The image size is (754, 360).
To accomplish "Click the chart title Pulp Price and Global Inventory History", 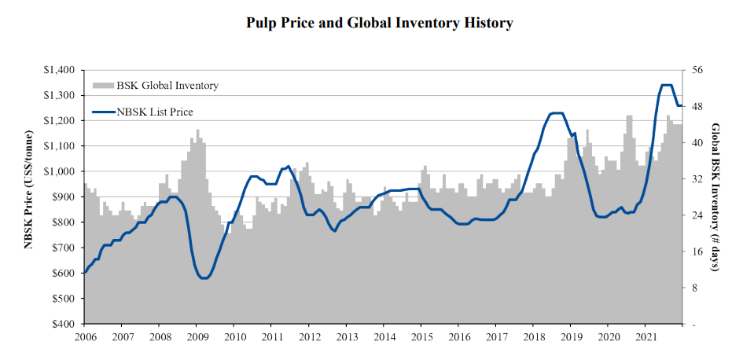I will (x=380, y=23).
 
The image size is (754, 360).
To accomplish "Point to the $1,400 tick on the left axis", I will (x=59, y=70).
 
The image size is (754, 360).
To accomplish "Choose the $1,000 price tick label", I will (x=59, y=171).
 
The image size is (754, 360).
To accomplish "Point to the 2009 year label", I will (x=197, y=336).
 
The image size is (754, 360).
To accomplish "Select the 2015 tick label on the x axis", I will (x=421, y=336).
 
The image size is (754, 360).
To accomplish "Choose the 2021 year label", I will (x=645, y=336).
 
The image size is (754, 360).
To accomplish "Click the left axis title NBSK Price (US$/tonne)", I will (x=28, y=197).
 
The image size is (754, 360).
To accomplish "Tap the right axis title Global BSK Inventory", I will (x=716, y=197).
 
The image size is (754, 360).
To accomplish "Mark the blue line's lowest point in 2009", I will (x=204, y=277).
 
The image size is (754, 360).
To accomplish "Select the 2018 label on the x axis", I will (x=533, y=336).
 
